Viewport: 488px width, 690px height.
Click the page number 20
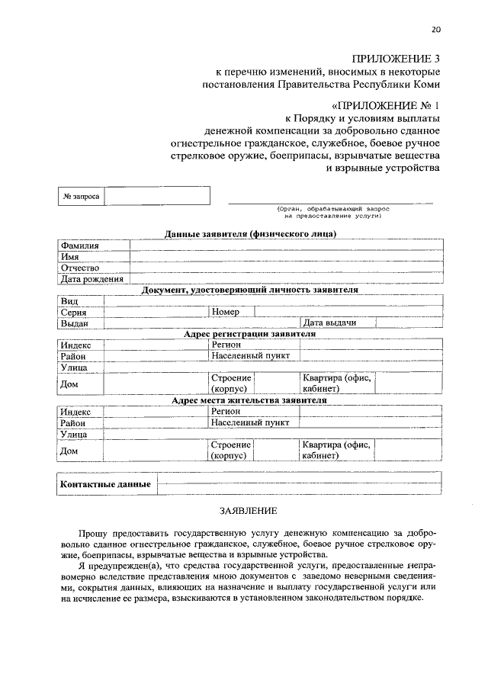[x=435, y=30]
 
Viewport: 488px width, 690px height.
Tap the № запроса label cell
[x=81, y=196]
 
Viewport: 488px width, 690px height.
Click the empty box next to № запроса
[x=156, y=196]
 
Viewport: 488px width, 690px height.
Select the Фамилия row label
[x=80, y=246]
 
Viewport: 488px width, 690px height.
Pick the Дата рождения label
[x=92, y=279]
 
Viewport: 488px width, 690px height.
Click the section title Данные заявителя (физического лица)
[x=250, y=234]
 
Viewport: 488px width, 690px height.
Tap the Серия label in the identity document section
[x=73, y=312]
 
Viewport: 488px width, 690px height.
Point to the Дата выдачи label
[x=329, y=323]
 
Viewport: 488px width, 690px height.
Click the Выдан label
[x=75, y=323]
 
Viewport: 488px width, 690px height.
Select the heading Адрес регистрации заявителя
[x=249, y=334]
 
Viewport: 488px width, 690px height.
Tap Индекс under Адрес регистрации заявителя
[x=76, y=345]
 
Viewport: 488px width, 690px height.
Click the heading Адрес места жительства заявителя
[x=249, y=400]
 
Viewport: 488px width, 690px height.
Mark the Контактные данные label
[x=105, y=484]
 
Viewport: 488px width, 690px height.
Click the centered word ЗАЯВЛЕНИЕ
[x=249, y=510]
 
